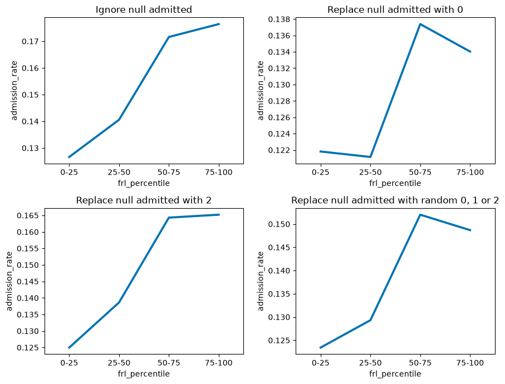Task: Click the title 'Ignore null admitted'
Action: coord(144,9)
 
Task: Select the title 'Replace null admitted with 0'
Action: coord(395,9)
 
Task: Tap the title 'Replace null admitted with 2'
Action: coord(144,200)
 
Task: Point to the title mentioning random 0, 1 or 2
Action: coord(395,200)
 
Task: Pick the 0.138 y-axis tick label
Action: coord(280,19)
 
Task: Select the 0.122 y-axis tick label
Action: coord(280,150)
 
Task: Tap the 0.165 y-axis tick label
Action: coord(28,216)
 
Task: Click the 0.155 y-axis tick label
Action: coord(28,249)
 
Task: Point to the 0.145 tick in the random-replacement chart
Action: coord(280,248)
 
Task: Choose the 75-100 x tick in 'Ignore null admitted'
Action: coord(219,172)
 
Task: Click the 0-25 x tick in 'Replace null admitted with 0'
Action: coord(321,172)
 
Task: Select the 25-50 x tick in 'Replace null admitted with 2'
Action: coord(119,363)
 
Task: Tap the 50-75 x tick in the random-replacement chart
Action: coord(420,363)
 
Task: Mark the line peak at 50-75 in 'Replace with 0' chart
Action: coord(420,24)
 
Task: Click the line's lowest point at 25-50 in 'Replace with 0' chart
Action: coord(370,157)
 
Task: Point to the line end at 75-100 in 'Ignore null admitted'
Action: coord(219,24)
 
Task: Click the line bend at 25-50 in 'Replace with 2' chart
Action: coord(119,302)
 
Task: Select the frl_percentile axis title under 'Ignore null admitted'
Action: coord(144,183)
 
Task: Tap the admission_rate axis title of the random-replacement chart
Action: coord(260,281)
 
